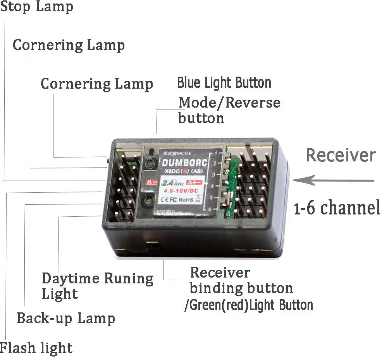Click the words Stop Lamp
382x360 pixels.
[x=36, y=7]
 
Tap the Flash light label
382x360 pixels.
[x=36, y=348]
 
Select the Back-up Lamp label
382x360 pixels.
[x=66, y=319]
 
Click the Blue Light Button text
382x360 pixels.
[x=224, y=83]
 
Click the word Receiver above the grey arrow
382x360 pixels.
[x=341, y=155]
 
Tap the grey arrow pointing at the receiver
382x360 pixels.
[x=333, y=180]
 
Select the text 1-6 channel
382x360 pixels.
[x=337, y=208]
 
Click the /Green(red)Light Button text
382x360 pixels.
[x=249, y=305]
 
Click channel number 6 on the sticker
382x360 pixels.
[x=210, y=209]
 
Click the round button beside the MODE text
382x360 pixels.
[x=148, y=164]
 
